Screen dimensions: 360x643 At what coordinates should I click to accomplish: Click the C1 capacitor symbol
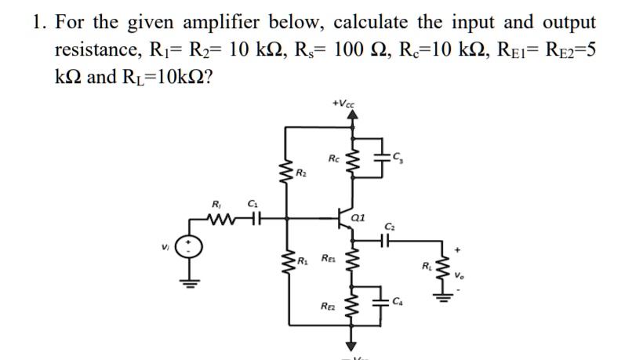[252, 216]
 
